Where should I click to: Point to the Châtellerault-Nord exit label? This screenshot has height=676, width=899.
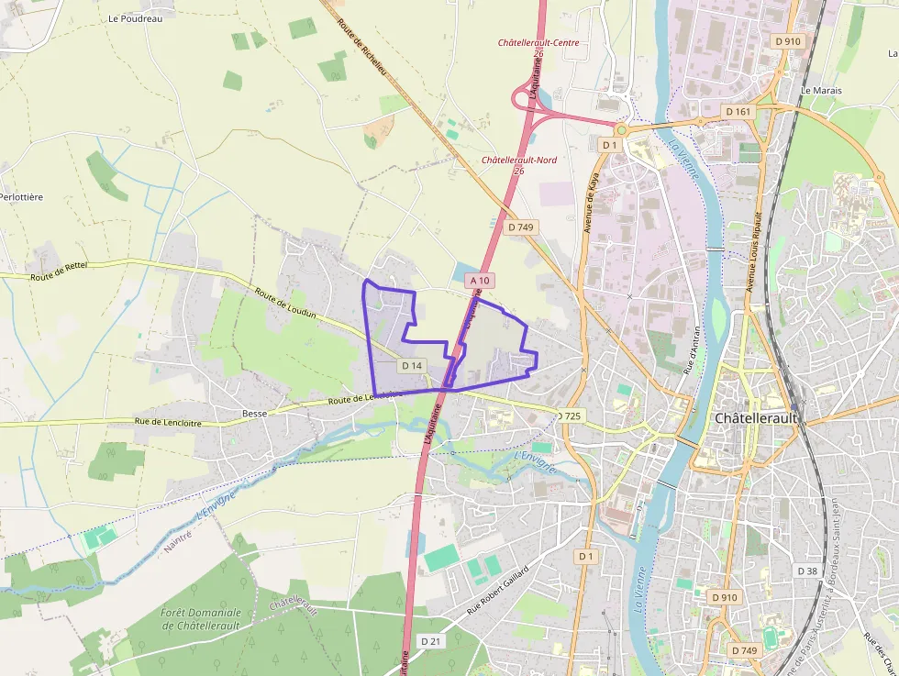(x=519, y=160)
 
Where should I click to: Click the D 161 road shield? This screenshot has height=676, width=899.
(x=738, y=111)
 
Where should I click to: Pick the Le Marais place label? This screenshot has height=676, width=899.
(x=821, y=91)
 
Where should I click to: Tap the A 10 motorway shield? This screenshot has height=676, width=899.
(x=480, y=280)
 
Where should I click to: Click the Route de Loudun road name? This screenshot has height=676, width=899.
(x=285, y=304)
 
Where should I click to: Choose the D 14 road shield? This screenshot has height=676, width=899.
(x=412, y=365)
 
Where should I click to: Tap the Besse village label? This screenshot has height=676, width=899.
(x=254, y=414)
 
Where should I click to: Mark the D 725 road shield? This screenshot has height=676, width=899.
(x=569, y=416)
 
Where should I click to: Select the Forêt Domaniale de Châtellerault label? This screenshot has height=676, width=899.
(x=200, y=619)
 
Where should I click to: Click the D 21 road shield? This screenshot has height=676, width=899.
(x=429, y=639)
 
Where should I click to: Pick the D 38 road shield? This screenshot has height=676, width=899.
(x=807, y=571)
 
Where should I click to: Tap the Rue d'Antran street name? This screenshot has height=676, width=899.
(x=694, y=350)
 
